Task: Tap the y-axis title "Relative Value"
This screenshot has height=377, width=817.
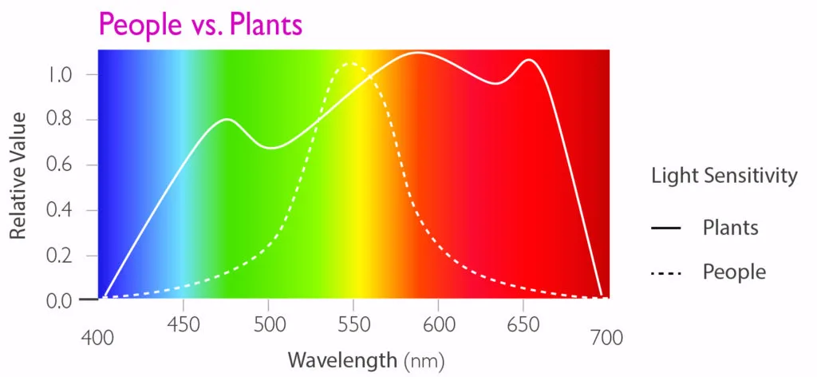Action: pos(19,176)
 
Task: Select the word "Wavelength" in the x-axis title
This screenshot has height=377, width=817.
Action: pos(341,359)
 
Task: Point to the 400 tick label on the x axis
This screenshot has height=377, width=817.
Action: pos(98,339)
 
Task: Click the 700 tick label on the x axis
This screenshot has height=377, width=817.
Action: pos(606,339)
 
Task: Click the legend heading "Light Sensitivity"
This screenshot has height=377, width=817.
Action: pos(724,176)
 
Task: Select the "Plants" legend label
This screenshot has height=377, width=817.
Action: pos(730,228)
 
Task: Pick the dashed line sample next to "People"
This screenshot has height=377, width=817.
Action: pos(665,273)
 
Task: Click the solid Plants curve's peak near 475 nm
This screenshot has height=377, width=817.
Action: pos(227,120)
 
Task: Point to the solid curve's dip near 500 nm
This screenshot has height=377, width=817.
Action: pos(270,148)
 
